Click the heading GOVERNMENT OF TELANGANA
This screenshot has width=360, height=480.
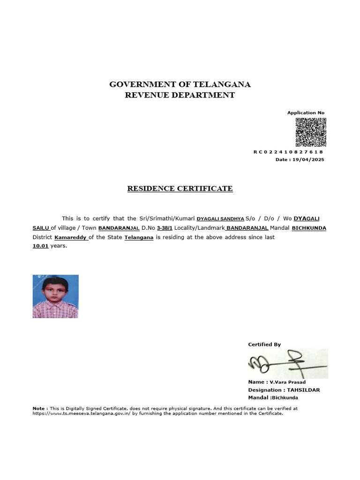click(x=180, y=85)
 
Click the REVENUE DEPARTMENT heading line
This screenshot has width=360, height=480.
click(x=180, y=96)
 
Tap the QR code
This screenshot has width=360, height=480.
click(x=310, y=132)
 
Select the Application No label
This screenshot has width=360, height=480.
click(x=306, y=113)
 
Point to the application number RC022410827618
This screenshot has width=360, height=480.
click(x=288, y=152)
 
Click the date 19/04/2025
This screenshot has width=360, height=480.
click(x=307, y=160)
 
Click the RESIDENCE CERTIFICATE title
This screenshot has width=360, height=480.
click(x=180, y=189)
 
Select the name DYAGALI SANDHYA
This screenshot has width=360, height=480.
click(x=220, y=219)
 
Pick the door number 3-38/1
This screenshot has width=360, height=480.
click(x=165, y=228)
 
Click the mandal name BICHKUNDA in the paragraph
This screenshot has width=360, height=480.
click(x=309, y=228)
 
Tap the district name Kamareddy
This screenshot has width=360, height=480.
click(x=70, y=238)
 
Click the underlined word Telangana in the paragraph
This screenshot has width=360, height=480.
click(x=139, y=238)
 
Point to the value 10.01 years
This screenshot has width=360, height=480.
click(x=41, y=246)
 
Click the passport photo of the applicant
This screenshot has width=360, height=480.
click(x=55, y=296)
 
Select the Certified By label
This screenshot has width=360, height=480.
click(x=264, y=345)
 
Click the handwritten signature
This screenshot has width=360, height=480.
click(x=287, y=363)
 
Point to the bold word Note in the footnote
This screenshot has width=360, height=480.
click(x=38, y=408)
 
